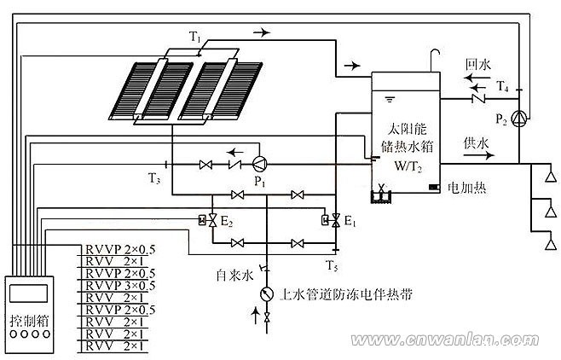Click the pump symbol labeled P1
(x=260, y=165)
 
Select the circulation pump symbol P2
(x=518, y=119)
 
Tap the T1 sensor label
(x=195, y=37)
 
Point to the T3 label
(x=154, y=177)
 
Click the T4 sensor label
(x=503, y=86)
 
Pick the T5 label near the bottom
(x=332, y=265)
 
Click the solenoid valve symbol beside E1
(x=332, y=220)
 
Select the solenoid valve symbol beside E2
(x=208, y=220)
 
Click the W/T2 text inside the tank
(x=408, y=166)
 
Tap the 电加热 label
(x=467, y=188)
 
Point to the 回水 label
(x=478, y=65)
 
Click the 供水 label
(x=476, y=143)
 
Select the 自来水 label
(x=234, y=275)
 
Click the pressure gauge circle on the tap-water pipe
(x=267, y=293)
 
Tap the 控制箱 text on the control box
(x=29, y=320)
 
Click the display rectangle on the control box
(x=28, y=293)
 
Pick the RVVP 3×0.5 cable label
(x=120, y=286)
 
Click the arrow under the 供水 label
(x=479, y=155)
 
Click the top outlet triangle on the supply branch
(x=551, y=177)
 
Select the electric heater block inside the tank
(x=434, y=187)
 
